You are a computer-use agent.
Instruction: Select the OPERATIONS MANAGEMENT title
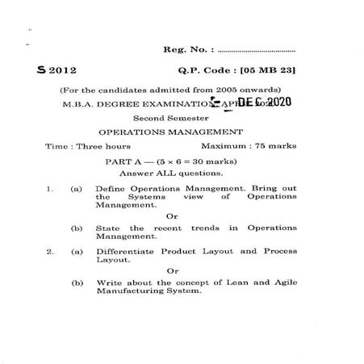170,132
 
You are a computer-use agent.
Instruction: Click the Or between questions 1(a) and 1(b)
171,215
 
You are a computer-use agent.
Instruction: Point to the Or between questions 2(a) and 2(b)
171,270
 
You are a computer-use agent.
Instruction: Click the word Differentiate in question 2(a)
128,251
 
